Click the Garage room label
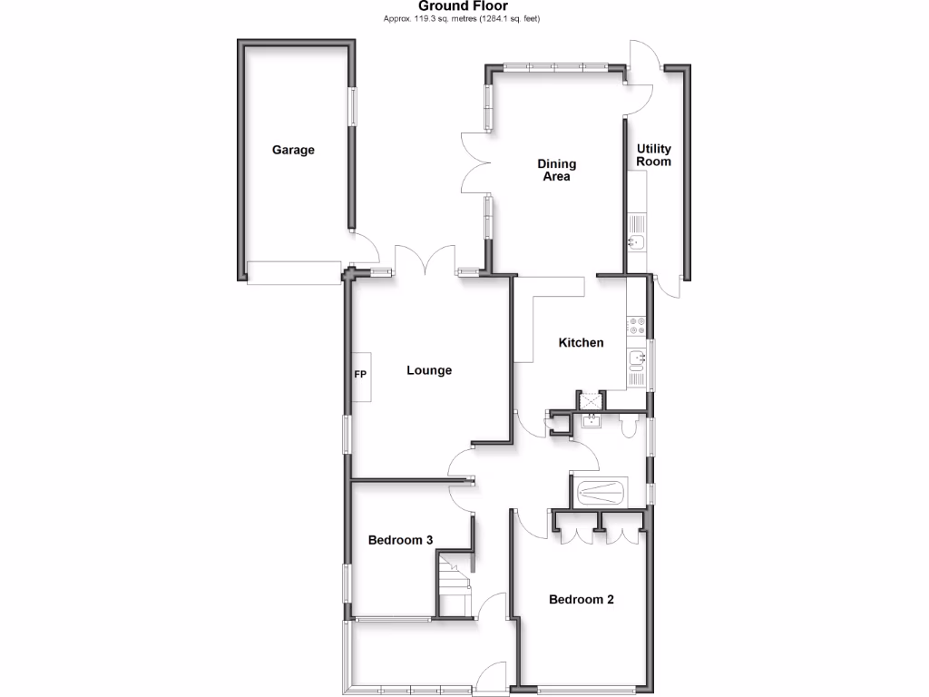coord(293,150)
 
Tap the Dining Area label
coord(556,171)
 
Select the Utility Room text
coord(653,155)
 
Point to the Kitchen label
coord(581,343)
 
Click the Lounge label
coord(429,370)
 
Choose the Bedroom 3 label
coord(400,540)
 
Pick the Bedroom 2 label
coord(582,600)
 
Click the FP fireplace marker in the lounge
coord(359,374)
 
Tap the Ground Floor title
coord(464,5)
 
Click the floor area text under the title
coord(464,18)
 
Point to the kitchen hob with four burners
coord(636,326)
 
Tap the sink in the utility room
coord(636,241)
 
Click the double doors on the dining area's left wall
coord(475,162)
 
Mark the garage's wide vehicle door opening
coord(292,271)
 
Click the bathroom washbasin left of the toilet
coord(592,420)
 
